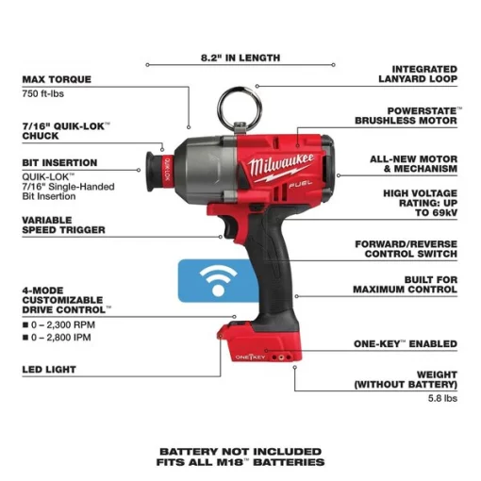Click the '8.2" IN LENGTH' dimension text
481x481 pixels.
(x=240, y=58)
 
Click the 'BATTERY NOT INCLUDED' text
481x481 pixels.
(x=240, y=451)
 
